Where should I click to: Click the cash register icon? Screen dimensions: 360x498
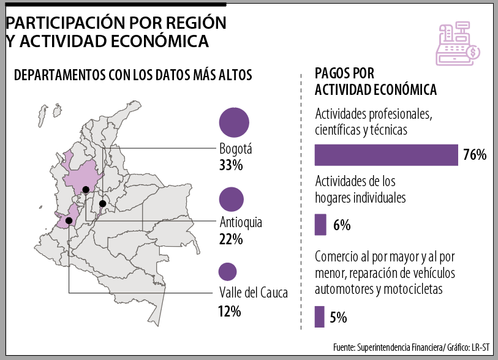click(x=456, y=43)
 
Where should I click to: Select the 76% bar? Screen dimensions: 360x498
click(x=387, y=155)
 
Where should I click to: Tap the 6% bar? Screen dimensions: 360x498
click(x=320, y=225)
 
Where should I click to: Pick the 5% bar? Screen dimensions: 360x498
click(x=319, y=317)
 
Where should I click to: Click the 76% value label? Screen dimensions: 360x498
click(x=474, y=155)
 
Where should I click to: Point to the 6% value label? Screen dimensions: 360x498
click(x=342, y=225)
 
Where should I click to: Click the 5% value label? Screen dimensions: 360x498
click(x=338, y=317)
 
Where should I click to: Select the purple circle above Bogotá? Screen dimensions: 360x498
click(x=233, y=122)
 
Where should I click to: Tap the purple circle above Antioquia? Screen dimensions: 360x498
click(x=231, y=199)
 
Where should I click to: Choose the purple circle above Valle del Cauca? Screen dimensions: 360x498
click(x=227, y=271)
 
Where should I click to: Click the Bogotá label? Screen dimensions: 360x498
click(x=236, y=149)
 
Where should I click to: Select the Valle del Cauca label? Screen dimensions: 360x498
click(x=253, y=293)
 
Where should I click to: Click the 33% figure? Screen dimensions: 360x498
click(x=231, y=165)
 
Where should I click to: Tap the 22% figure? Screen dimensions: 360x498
click(x=231, y=239)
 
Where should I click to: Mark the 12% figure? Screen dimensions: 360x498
click(x=229, y=311)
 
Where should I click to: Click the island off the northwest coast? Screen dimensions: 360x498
click(x=42, y=113)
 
